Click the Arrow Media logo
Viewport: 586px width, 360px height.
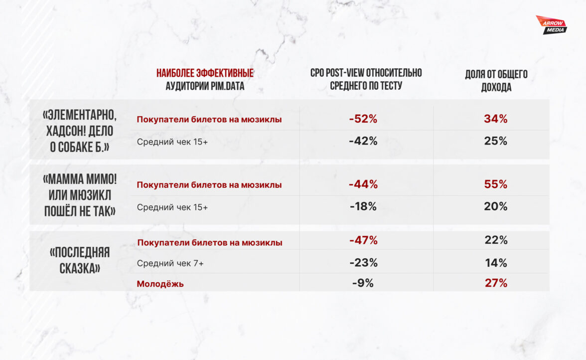[x=551, y=24]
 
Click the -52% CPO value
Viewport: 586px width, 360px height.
[x=363, y=119]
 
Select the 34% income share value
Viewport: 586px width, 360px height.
[x=495, y=119]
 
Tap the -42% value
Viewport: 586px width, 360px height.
[x=363, y=141]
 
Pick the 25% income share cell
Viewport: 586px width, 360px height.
[x=495, y=141]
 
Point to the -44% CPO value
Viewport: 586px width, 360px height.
[x=363, y=184]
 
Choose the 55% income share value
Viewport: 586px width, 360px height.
[x=495, y=184]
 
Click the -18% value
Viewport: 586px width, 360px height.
[x=363, y=206]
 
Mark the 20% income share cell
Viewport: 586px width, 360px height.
[x=495, y=206]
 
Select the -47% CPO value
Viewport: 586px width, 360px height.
[x=363, y=240]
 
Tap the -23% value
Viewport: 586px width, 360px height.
[x=363, y=263]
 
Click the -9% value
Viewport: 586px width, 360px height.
[x=363, y=283]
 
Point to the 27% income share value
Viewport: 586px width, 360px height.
[x=495, y=283]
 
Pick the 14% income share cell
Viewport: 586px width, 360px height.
[x=495, y=263]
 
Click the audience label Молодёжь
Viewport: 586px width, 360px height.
[x=160, y=284]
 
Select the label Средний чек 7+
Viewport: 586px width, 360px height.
[x=170, y=263]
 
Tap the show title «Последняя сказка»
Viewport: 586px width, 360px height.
[x=80, y=260]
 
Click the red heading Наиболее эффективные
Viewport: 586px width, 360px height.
[x=205, y=73]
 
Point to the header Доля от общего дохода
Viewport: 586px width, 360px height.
[x=496, y=81]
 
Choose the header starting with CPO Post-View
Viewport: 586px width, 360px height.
[x=366, y=79]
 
